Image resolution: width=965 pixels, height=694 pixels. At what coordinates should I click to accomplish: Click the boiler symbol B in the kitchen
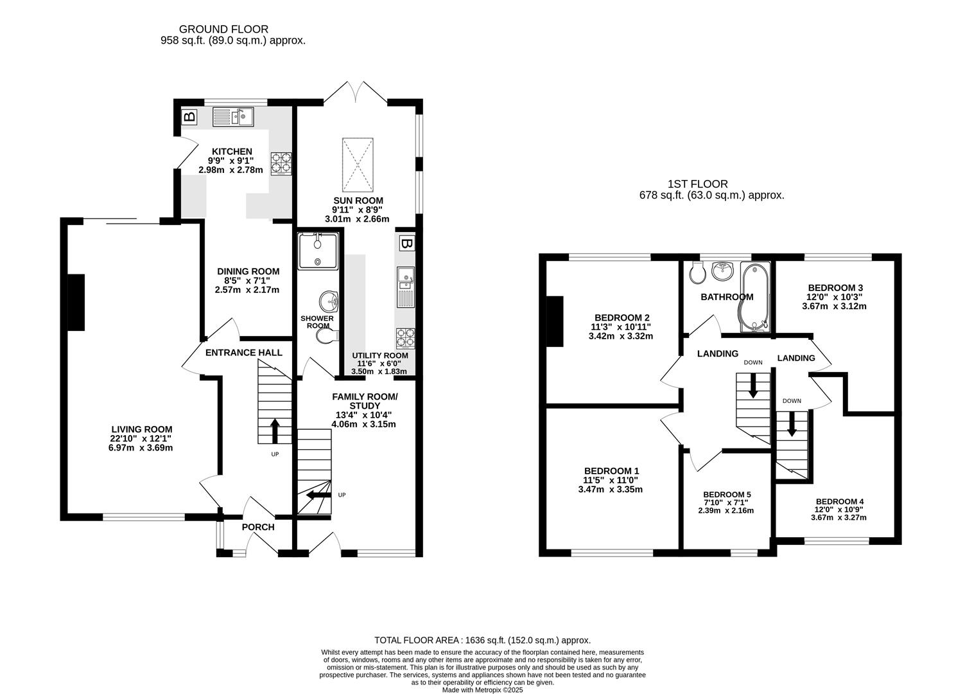pos(189,116)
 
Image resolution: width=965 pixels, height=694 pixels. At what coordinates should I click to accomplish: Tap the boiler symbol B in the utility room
pos(406,244)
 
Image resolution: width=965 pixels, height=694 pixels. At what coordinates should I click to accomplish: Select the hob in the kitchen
pos(281,163)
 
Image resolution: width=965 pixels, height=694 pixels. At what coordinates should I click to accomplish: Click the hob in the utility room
pos(405,338)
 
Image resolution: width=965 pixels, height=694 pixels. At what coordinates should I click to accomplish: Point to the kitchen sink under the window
pos(233,117)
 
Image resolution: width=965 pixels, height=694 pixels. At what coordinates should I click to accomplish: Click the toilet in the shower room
pos(327,335)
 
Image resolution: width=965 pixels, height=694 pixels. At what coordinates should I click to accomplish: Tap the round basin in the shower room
pos(328,301)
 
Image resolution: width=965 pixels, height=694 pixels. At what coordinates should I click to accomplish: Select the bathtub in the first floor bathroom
pos(755,298)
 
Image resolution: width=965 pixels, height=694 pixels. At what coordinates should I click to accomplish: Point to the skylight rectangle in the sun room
pos(358,165)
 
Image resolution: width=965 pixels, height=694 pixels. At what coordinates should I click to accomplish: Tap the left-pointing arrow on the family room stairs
pos(319,495)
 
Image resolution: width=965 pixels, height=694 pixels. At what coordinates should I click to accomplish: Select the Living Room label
pos(142,429)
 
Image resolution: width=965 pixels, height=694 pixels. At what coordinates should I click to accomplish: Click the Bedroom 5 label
pos(727,494)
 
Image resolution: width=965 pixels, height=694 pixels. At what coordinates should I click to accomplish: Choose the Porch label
pos(258,527)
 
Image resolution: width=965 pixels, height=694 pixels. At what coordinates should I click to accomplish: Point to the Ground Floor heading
pos(223,30)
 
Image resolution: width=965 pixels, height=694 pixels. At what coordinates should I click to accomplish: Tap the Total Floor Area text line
pos(483,640)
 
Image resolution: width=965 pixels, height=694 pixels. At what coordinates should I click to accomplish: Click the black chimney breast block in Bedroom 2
pos(555,321)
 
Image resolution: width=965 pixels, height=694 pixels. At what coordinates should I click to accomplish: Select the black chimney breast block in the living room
pos(76,302)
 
